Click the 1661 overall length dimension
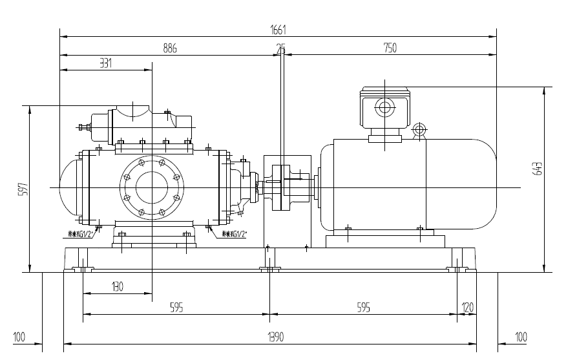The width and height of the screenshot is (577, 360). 278,30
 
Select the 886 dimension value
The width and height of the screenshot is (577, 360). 169,48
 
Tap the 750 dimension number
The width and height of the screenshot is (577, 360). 390,48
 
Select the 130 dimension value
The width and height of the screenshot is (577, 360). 117,286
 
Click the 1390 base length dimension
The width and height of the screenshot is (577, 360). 270,337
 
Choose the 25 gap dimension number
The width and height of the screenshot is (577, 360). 280,48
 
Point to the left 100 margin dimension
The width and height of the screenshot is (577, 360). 19,337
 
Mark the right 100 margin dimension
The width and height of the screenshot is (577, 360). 521,337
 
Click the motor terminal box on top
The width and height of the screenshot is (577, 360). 385,109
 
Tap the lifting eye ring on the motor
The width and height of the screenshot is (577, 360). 419,130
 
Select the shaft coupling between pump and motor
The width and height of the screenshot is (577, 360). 284,187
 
